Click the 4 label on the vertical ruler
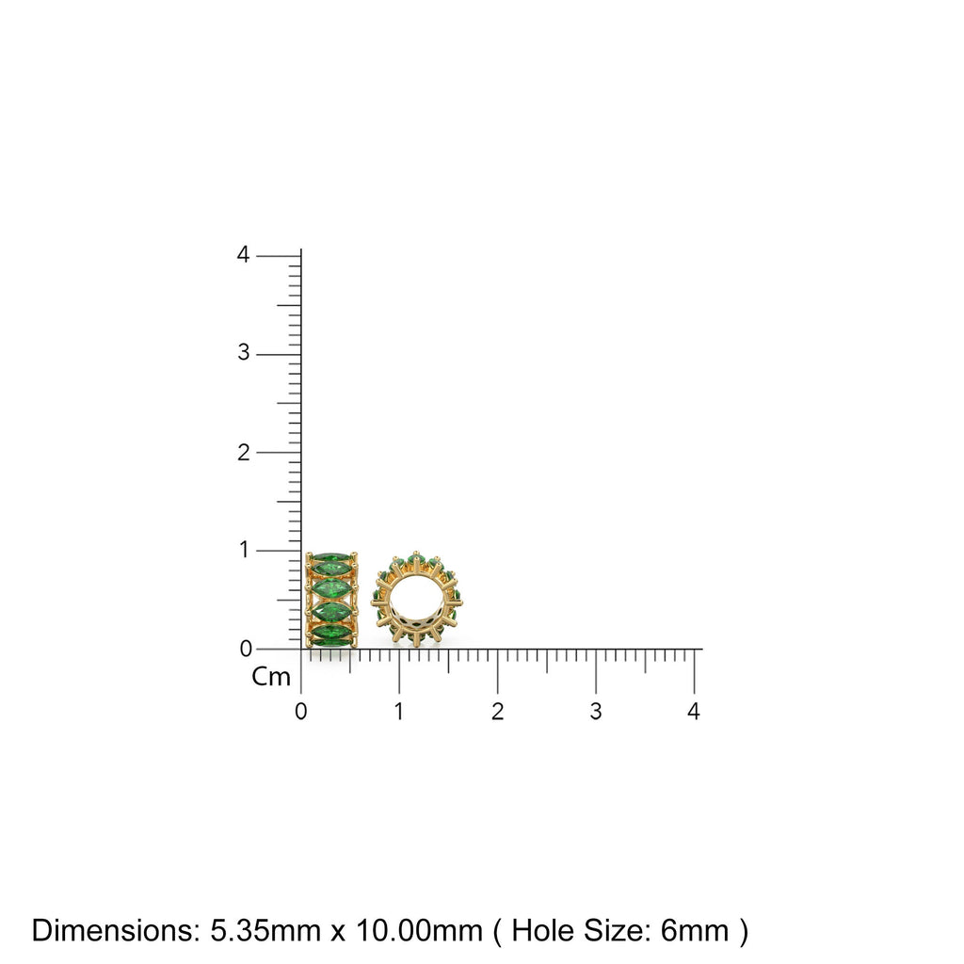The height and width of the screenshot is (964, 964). [x=244, y=255]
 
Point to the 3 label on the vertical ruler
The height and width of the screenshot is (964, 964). [x=244, y=353]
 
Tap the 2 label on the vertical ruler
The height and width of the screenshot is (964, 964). [x=244, y=452]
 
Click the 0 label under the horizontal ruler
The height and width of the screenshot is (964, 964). [x=300, y=712]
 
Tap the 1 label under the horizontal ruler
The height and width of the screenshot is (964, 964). [x=399, y=712]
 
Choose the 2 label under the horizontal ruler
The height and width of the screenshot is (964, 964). [x=497, y=712]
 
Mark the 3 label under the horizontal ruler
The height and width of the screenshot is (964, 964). [x=596, y=712]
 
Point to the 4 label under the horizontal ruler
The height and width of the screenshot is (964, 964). [x=694, y=712]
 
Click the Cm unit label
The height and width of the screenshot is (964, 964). [x=271, y=677]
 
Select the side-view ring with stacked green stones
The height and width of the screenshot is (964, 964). [x=331, y=600]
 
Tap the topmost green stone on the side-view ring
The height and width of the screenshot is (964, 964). [x=331, y=565]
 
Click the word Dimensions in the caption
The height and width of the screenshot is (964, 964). [x=114, y=931]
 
